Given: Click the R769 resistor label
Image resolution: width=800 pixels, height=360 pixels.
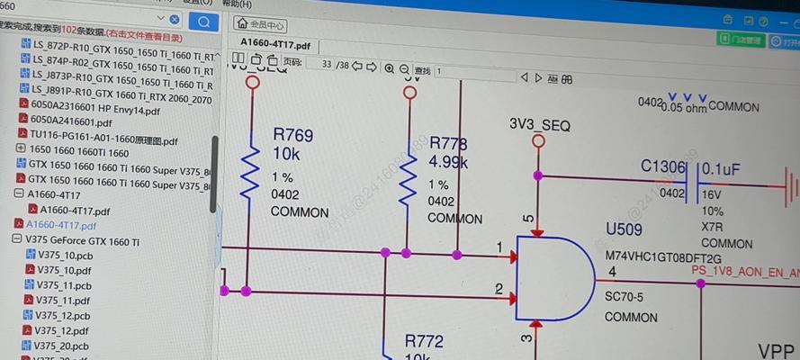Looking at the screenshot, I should point(293,136).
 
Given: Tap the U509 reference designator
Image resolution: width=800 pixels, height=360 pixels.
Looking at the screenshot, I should point(625,229).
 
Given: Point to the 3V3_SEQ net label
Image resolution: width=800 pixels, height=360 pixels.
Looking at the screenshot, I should point(540,125).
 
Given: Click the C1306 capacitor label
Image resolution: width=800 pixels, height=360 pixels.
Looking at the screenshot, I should point(663,166).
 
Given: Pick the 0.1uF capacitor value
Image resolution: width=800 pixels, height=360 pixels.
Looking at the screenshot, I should point(721,168).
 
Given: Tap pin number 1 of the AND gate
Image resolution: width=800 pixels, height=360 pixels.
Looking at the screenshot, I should point(499,246).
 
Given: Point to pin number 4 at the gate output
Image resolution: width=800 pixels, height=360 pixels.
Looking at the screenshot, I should point(612,272).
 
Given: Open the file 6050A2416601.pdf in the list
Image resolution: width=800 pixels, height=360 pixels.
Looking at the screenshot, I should point(71,121).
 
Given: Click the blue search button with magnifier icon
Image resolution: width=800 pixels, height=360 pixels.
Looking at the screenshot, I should point(205,21).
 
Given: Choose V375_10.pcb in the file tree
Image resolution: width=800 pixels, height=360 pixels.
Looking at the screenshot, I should point(64,255).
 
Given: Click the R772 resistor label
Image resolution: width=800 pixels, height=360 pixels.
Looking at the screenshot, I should point(423,341).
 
